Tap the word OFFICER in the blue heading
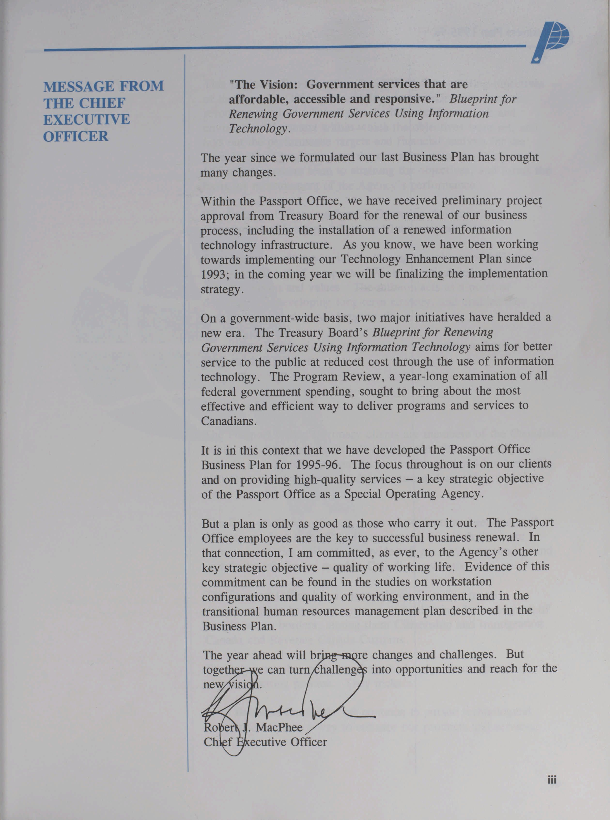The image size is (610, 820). pos(76,136)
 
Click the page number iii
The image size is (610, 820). pos(552,780)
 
